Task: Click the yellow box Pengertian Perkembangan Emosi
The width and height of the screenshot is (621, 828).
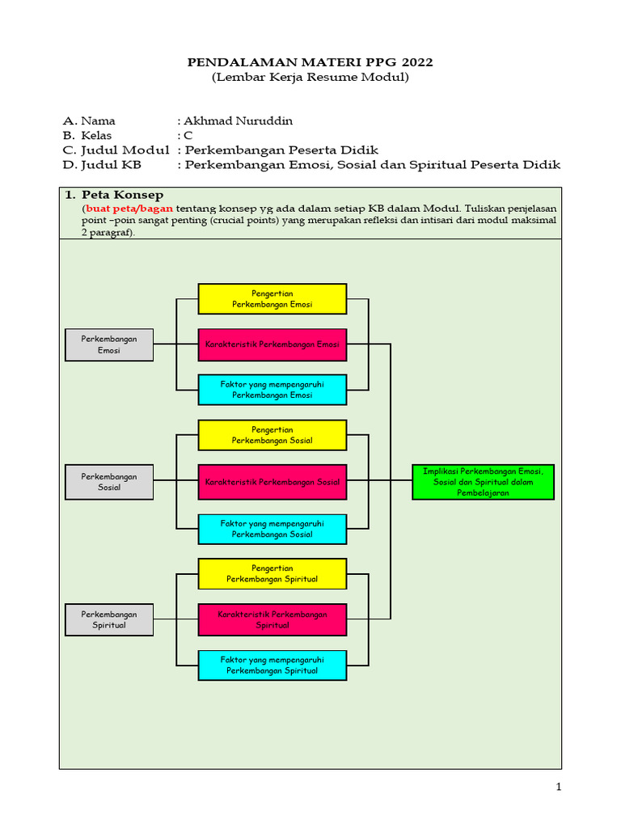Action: click(x=272, y=298)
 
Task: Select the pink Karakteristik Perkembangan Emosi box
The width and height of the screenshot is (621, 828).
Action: click(x=272, y=344)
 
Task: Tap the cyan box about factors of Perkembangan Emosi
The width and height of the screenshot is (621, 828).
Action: click(x=272, y=390)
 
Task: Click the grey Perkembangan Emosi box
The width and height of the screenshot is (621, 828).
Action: click(x=109, y=344)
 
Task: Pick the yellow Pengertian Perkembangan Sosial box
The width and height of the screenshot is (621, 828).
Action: click(x=272, y=435)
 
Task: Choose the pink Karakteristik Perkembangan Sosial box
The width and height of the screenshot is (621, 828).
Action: click(x=272, y=482)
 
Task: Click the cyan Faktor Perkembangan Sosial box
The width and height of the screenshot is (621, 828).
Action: click(x=272, y=529)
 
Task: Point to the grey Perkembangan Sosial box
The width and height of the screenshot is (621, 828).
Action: click(x=109, y=482)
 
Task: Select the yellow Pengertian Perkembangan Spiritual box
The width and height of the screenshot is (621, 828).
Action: click(x=272, y=573)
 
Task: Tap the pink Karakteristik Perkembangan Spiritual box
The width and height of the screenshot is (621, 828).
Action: click(x=272, y=619)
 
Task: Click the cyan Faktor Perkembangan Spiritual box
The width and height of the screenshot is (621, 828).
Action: click(x=272, y=665)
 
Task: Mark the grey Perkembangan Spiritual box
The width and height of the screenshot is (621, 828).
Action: click(x=109, y=619)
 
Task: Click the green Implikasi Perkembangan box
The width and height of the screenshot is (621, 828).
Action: click(x=483, y=482)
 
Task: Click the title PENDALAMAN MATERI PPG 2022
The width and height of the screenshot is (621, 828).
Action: click(x=310, y=62)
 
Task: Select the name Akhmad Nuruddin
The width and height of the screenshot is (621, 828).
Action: click(x=239, y=121)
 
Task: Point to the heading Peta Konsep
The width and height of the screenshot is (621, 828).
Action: click(x=122, y=195)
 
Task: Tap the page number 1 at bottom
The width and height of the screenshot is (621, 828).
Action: click(x=558, y=787)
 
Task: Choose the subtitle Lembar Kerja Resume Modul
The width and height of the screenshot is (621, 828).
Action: click(x=310, y=78)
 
